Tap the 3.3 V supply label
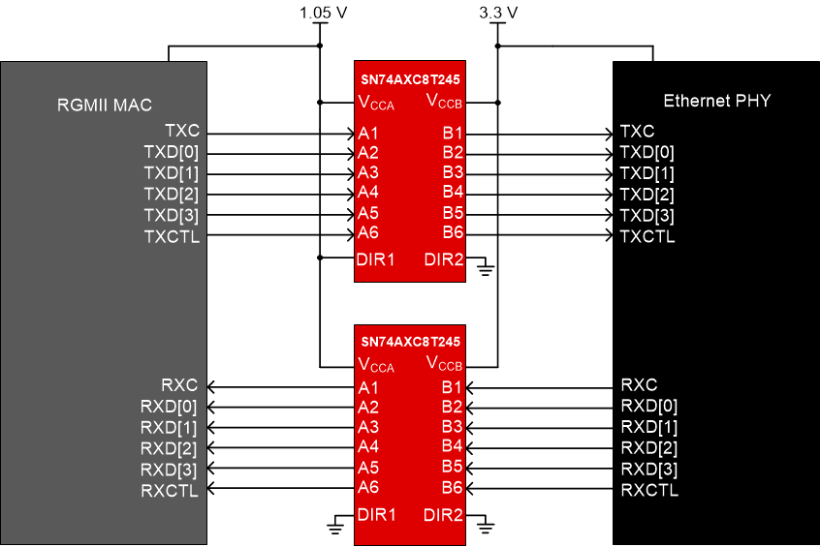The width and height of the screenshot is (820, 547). [498, 13]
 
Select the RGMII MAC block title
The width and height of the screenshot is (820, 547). [105, 105]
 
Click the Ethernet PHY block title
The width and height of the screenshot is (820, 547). [716, 101]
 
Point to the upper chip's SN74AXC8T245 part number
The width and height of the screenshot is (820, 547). [410, 77]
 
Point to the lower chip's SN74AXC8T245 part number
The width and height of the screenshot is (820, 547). [410, 342]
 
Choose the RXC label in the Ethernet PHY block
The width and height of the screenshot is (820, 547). [639, 385]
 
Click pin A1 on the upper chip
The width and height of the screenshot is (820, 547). [367, 133]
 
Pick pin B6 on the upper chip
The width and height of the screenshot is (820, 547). [453, 232]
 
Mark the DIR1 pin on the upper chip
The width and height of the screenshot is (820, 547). [377, 258]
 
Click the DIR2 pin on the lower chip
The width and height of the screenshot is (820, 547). [443, 514]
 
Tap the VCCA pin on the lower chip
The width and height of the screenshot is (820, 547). [376, 365]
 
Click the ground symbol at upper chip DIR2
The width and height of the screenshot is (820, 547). [486, 270]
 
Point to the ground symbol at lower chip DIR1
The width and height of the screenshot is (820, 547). [335, 528]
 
